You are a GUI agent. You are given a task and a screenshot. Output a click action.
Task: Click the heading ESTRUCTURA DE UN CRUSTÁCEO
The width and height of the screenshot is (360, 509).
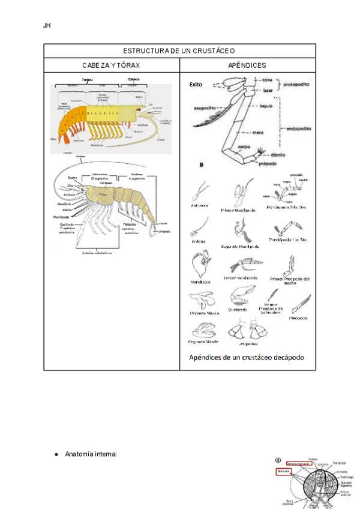pos(179,51)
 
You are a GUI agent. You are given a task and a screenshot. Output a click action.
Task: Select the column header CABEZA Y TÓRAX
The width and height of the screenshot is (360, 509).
pos(112,65)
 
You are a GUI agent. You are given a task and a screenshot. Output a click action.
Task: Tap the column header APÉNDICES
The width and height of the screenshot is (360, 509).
pos(247,65)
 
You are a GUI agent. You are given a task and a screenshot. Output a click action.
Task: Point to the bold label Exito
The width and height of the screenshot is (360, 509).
pos(196,85)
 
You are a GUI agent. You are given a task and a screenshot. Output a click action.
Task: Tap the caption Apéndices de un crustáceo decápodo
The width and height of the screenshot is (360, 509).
pos(247,358)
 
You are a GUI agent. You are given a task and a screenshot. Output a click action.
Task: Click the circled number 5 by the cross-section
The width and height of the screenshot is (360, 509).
pos(278,461)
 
